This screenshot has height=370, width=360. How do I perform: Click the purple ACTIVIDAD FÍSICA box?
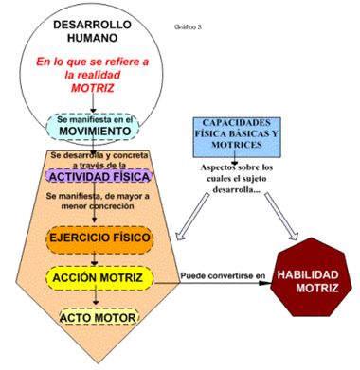(97, 177)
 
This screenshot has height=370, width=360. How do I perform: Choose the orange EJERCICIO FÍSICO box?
(99, 239)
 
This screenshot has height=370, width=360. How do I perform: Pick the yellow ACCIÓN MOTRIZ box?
(99, 277)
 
